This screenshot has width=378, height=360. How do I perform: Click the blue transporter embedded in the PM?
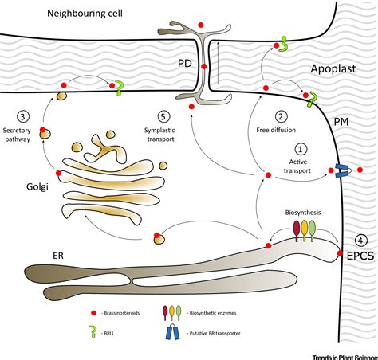(x=343, y=170)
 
